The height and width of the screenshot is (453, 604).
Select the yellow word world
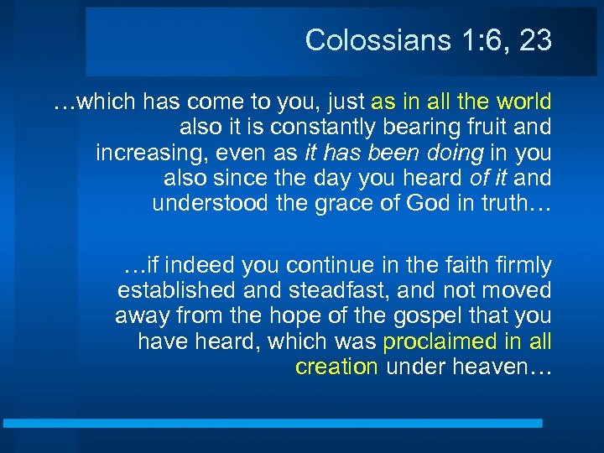coord(523,102)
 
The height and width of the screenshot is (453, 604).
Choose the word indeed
coord(201,266)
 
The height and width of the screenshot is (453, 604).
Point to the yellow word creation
coord(336,367)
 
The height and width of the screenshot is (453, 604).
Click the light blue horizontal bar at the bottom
coord(273,424)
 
